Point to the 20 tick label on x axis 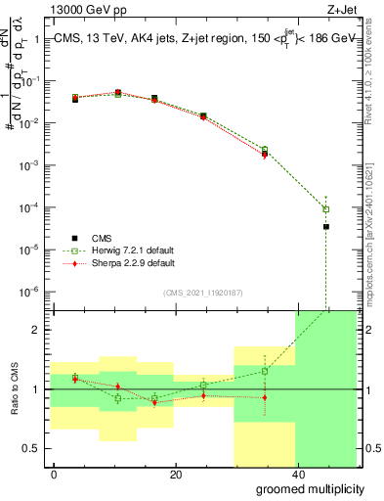[175, 474]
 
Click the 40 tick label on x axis [295, 474]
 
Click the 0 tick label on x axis [55, 474]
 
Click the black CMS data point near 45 [326, 227]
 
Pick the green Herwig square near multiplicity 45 [326, 209]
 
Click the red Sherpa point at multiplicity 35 [265, 155]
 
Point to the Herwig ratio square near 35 [265, 371]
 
